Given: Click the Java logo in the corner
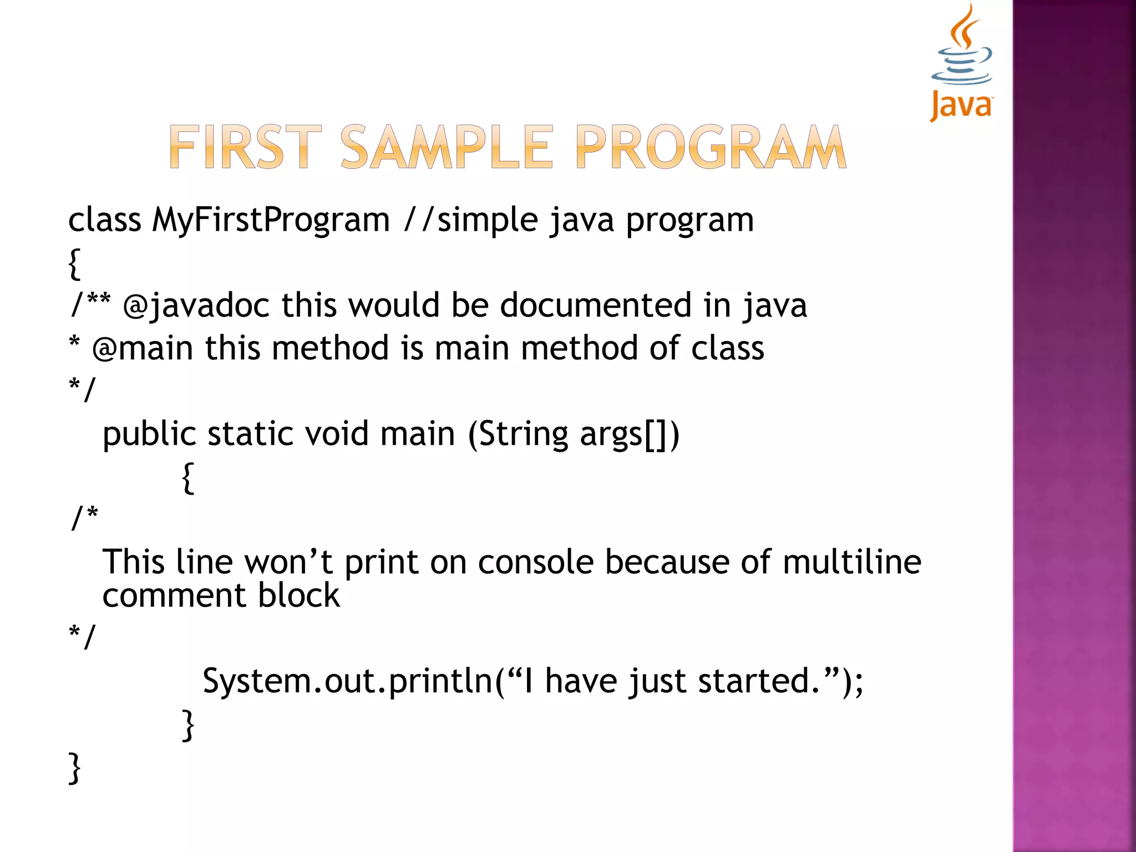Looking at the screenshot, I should [x=961, y=62].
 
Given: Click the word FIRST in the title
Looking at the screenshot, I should [x=245, y=147].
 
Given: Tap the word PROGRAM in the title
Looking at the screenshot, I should [x=711, y=147].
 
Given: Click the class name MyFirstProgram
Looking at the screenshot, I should [x=271, y=220].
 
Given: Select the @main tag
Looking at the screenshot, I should [x=143, y=348].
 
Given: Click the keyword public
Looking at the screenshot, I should [x=149, y=434].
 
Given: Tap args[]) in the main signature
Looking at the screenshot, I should [x=629, y=434].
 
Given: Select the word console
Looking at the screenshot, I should [x=536, y=562].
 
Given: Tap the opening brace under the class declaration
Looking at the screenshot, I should [x=74, y=263].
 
